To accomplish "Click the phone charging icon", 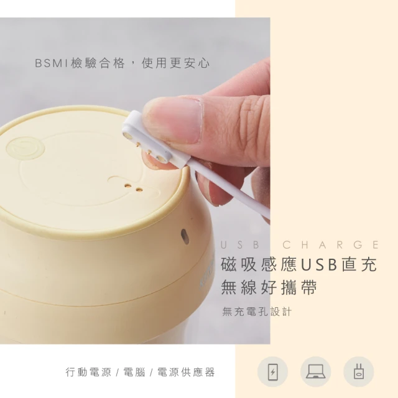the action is point(272,372).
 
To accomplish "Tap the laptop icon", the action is point(315,371).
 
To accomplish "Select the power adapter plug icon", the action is point(359,372).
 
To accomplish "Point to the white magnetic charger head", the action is point(156,139).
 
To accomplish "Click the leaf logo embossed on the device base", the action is point(25,149).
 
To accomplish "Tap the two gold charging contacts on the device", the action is point(133,188).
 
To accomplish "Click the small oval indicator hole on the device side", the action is point(185,236).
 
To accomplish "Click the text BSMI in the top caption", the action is point(52,63).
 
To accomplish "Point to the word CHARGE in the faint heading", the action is point(330,244).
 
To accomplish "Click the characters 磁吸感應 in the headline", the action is point(259,264).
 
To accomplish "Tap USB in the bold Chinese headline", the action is point(319,264).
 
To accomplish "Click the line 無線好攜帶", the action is point(269,287).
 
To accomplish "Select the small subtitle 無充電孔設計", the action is point(257,312).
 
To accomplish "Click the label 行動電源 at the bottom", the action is point(88,372).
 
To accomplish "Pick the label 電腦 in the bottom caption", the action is point(134,372).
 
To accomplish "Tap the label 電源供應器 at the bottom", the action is point(186,372).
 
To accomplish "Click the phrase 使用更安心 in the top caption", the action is point(175,63).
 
